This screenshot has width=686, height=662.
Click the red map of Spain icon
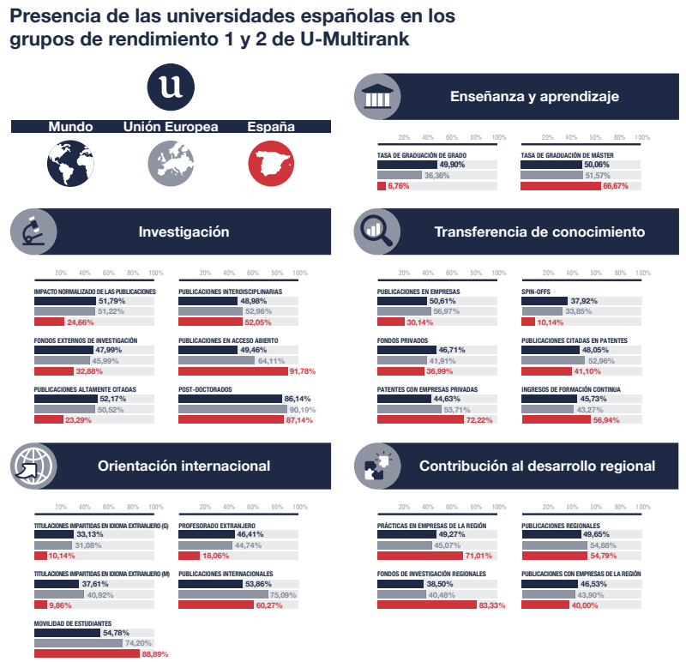coord(271,163)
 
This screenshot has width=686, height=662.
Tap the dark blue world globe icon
coord(70,163)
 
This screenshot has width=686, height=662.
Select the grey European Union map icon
coord(171,163)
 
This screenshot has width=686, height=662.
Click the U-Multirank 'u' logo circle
coord(171,87)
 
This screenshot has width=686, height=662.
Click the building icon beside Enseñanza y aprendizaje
coord(377,97)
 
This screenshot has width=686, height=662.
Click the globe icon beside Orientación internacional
coord(33,466)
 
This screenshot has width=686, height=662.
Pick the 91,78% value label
coord(303,371)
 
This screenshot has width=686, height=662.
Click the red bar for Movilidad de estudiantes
coord(87,653)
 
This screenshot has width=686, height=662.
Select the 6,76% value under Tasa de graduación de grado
coord(399,186)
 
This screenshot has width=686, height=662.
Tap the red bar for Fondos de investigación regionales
coord(427,605)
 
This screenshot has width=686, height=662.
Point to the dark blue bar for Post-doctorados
coord(230,399)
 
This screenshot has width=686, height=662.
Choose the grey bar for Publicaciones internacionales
coord(223,594)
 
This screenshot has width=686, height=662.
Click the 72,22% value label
coord(479,420)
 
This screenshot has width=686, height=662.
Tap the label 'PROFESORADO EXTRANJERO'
coord(217,526)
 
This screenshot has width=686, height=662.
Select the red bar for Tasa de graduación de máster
coord(561,186)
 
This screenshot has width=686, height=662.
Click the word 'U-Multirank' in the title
coord(355,39)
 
